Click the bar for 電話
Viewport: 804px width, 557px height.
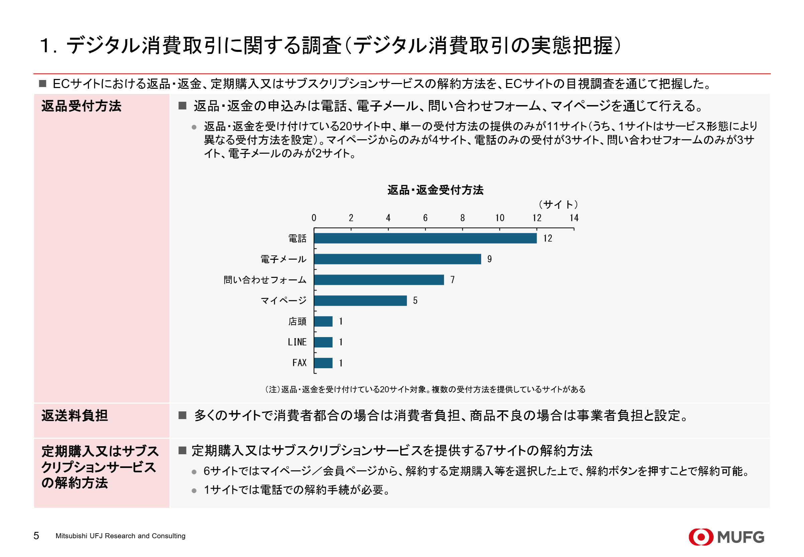[x=425, y=238]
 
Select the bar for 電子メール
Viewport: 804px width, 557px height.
[x=397, y=259]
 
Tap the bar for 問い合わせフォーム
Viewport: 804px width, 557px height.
[x=378, y=280]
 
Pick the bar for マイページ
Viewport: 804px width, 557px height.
[x=360, y=301]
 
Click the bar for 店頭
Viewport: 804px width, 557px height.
[x=323, y=321]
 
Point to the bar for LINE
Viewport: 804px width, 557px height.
[x=323, y=342]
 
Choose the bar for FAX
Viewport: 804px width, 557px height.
[x=323, y=363]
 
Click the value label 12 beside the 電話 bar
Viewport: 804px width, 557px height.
[x=547, y=238]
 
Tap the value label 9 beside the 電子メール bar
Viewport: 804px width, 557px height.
[x=489, y=259]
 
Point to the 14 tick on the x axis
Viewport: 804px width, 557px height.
[x=574, y=218]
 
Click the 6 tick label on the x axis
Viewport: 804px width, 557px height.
[x=425, y=218]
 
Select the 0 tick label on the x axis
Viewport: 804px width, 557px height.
[x=314, y=218]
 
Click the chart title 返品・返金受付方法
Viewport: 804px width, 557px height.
[x=435, y=190]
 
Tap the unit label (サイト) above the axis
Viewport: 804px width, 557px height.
[x=558, y=204]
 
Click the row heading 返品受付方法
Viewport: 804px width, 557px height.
[x=81, y=106]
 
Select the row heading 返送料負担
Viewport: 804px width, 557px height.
[x=75, y=415]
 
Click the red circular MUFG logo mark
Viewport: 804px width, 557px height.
[x=700, y=537]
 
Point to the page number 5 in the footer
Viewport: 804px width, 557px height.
[x=36, y=536]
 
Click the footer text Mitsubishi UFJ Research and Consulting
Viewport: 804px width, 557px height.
[x=120, y=536]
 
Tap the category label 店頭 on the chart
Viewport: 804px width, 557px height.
[x=297, y=321]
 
